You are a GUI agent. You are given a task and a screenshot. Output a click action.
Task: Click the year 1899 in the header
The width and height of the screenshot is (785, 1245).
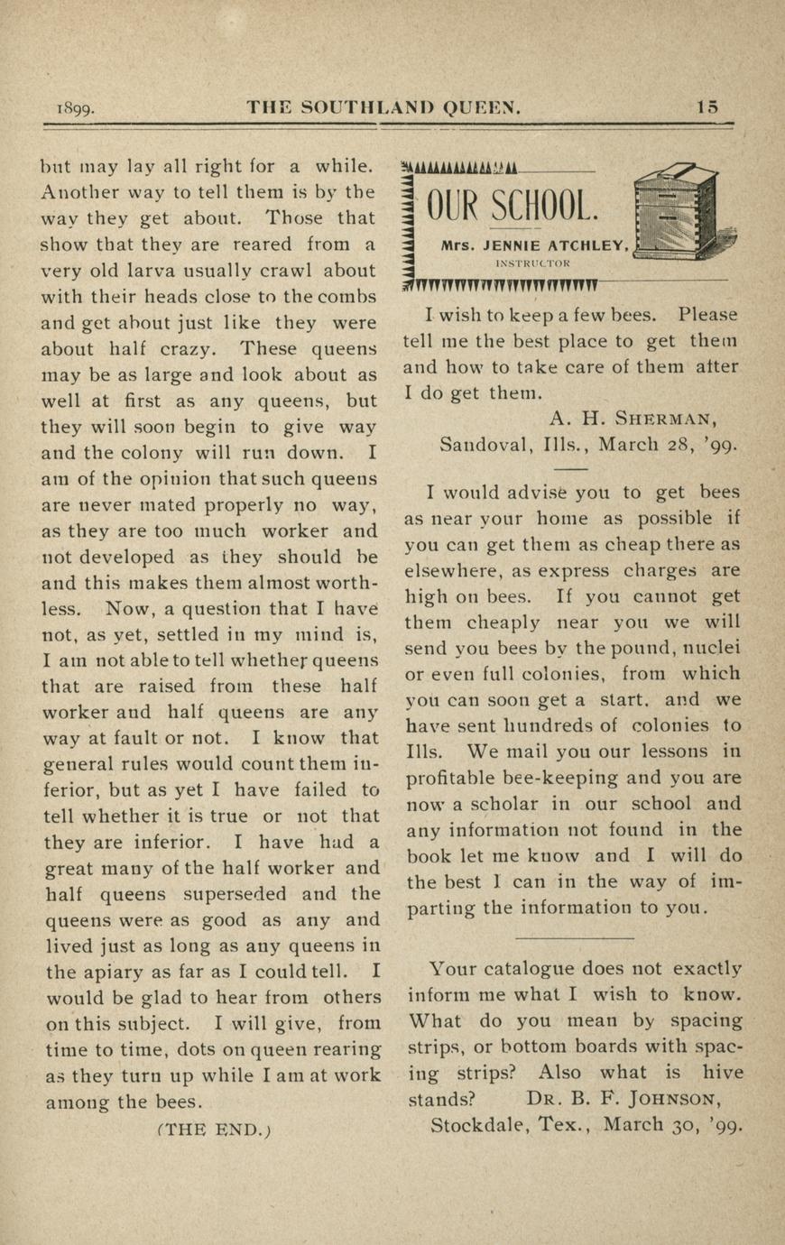(76, 108)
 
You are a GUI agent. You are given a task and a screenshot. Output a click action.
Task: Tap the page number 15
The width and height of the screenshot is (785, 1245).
(708, 107)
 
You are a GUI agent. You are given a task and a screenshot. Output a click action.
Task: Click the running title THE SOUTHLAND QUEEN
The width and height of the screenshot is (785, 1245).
(383, 107)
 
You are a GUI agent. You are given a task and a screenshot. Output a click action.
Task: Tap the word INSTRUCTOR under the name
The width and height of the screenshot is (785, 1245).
(532, 263)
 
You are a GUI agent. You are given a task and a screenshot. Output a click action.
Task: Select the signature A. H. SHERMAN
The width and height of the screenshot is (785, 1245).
(633, 419)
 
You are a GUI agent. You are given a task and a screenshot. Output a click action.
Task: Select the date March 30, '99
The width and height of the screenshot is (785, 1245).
(672, 1125)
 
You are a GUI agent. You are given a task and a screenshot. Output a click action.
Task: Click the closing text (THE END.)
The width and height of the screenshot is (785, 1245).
(214, 1129)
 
